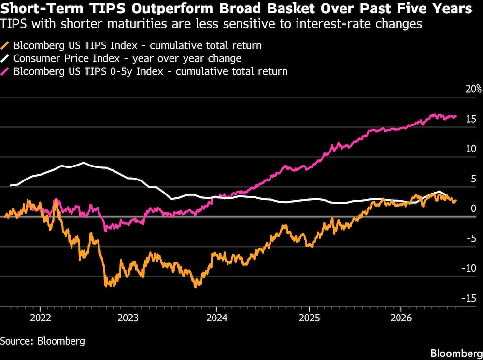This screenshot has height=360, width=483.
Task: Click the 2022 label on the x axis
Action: (x=41, y=318)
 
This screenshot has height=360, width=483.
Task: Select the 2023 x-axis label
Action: (x=128, y=318)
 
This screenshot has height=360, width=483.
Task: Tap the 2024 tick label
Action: (x=217, y=318)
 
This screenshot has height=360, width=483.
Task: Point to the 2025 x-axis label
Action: (x=309, y=318)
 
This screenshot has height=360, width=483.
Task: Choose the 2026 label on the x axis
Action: (x=401, y=318)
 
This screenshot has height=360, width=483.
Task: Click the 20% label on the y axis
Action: (x=474, y=89)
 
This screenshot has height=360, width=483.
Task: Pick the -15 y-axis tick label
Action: (x=469, y=298)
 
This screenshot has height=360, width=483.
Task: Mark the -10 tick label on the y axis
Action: (x=469, y=268)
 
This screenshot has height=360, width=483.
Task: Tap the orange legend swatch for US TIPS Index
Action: (x=5, y=46)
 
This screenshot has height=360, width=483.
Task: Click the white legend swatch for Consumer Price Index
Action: (x=5, y=59)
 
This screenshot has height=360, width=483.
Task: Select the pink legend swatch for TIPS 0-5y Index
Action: (x=5, y=72)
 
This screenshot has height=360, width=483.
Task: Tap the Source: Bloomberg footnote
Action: (x=43, y=341)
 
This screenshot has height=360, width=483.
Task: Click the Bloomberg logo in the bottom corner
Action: (x=456, y=353)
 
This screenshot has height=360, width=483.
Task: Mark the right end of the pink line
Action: (x=456, y=116)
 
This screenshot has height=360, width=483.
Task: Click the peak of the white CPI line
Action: (x=83, y=163)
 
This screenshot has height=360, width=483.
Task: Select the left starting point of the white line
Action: (x=11, y=185)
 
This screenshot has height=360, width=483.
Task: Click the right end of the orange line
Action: (x=456, y=201)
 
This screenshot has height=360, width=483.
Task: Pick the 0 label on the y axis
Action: (x=473, y=208)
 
